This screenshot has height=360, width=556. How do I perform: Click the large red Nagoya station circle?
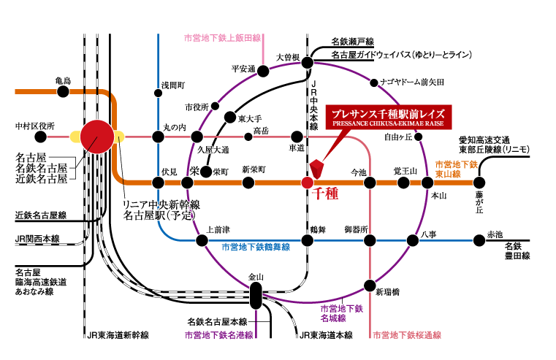[97, 137]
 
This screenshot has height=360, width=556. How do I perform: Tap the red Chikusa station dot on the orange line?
[308, 183]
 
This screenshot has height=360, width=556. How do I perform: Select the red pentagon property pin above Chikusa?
[316, 167]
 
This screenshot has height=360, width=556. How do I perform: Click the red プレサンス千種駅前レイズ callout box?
[388, 118]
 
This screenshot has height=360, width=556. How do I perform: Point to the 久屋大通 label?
[213, 150]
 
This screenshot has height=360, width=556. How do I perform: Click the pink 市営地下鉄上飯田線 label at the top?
[222, 37]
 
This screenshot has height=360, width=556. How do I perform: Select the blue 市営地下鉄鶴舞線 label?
[255, 248]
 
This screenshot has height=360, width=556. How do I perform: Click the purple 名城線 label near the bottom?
[341, 314]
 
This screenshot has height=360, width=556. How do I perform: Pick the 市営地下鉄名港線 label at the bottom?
[218, 336]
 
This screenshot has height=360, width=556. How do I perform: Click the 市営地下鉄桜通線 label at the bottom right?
[407, 336]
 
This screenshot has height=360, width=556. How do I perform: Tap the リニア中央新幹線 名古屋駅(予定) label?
[159, 210]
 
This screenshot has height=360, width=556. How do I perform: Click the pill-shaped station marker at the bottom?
[256, 295]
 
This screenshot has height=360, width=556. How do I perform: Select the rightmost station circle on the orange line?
[479, 183]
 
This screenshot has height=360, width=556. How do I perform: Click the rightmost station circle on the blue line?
[479, 240]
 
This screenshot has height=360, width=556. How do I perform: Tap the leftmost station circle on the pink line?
[41, 137]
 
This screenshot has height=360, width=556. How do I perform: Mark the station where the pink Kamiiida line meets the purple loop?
[264, 71]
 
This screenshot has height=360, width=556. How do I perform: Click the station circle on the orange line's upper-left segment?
[63, 91]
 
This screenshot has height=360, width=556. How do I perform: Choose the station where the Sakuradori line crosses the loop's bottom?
[370, 285]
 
